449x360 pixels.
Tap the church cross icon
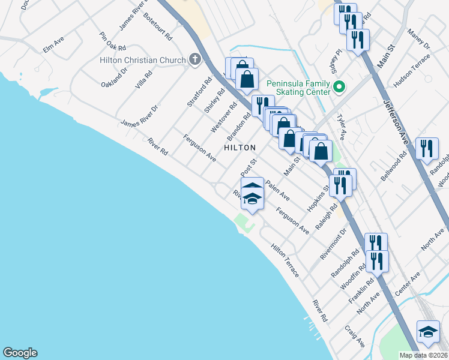(x=194, y=59)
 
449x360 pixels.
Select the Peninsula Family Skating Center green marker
(x=339, y=88)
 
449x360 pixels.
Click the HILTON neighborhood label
(x=240, y=147)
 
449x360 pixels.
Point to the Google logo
(x=20, y=353)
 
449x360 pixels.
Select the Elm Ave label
(x=53, y=45)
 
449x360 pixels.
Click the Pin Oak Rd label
(x=113, y=41)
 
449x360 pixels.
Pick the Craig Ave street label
(x=355, y=337)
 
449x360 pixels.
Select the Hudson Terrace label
(x=412, y=67)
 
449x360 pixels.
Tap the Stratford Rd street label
(x=200, y=92)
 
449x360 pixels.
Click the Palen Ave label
(x=277, y=191)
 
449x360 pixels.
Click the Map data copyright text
(x=424, y=355)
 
